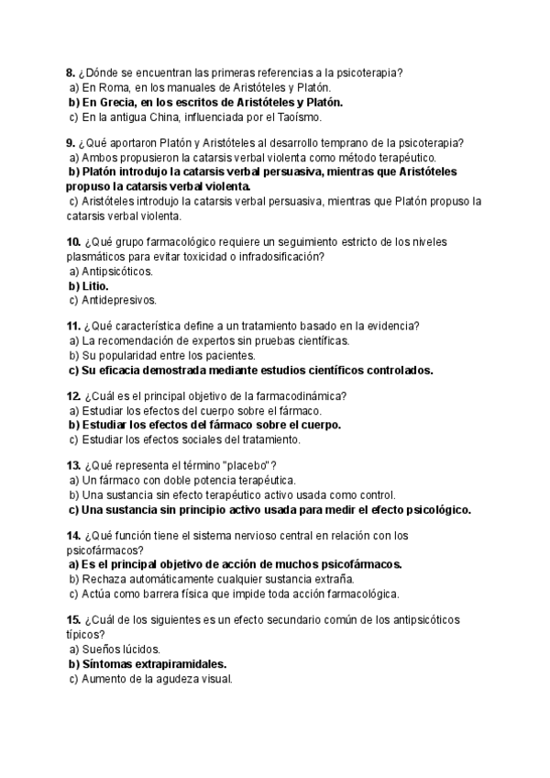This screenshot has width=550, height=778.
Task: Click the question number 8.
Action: pyautogui.click(x=71, y=73)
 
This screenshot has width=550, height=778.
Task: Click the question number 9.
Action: pyautogui.click(x=71, y=142)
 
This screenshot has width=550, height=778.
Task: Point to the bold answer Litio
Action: pyautogui.click(x=95, y=285)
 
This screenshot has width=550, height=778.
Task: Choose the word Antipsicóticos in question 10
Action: pyautogui.click(x=118, y=272)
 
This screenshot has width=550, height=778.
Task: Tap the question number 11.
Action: pyautogui.click(x=73, y=326)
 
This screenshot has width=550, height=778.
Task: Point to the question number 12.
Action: pyautogui.click(x=73, y=395)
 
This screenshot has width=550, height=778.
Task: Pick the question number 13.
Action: pyautogui.click(x=73, y=465)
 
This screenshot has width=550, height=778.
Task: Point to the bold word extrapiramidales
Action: pyautogui.click(x=177, y=663)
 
